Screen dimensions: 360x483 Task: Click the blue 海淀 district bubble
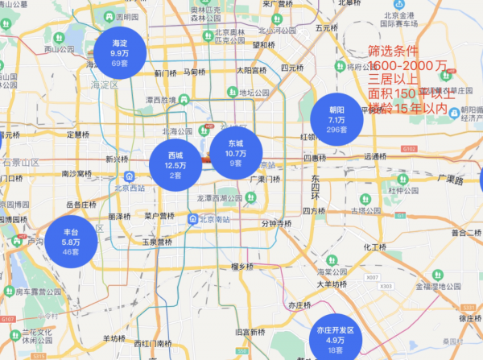coord(120,53)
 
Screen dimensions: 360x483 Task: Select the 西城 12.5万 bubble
coord(175,164)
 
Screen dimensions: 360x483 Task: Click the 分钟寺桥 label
coord(277,224)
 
